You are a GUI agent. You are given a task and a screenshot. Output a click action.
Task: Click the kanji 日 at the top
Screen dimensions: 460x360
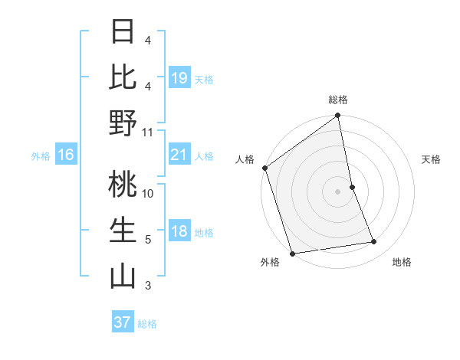tap(123, 33)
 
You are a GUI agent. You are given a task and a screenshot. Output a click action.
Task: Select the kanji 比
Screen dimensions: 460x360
tap(123, 77)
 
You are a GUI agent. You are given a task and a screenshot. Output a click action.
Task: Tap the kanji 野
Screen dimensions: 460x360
tap(123, 124)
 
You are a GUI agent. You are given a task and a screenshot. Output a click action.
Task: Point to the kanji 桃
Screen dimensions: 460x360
tap(123, 185)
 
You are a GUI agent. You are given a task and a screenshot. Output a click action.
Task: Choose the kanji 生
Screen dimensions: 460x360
tap(123, 231)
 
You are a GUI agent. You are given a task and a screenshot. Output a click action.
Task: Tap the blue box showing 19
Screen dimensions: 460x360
tap(179, 77)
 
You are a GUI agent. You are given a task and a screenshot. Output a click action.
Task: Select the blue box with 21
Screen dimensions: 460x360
tap(179, 155)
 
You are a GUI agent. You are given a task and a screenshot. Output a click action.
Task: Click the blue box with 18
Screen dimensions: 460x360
tap(179, 232)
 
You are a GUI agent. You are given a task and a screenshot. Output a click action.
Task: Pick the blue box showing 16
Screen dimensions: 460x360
tap(66, 155)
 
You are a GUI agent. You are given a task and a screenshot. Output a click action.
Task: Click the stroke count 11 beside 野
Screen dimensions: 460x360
tap(148, 133)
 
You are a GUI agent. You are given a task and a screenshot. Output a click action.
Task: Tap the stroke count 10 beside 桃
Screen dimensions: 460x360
tap(148, 194)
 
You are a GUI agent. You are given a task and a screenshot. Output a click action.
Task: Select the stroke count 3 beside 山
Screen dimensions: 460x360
tap(148, 286)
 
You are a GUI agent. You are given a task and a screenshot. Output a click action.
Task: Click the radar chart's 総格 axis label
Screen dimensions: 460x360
tap(337, 100)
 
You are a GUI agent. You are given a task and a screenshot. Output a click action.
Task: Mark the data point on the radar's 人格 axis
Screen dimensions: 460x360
tap(265, 168)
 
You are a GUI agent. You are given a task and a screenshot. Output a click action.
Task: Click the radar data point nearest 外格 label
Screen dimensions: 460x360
tap(292, 253)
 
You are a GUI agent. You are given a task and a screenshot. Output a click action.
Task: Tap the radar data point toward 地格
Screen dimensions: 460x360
tap(374, 242)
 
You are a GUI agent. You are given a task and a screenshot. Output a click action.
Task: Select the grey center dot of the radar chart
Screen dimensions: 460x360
tap(337, 191)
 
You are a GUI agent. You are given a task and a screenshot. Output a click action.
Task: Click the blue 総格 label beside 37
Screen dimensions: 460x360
tap(147, 324)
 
